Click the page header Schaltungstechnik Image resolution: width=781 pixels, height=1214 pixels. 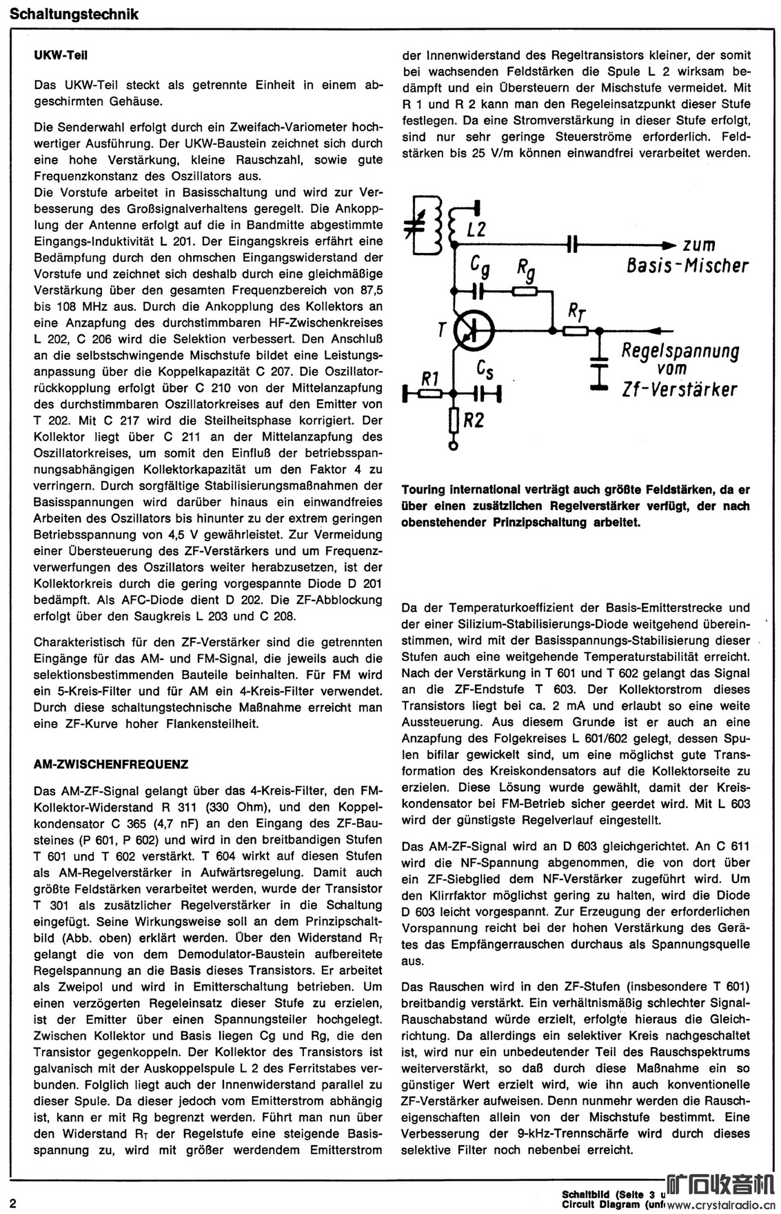tap(74, 14)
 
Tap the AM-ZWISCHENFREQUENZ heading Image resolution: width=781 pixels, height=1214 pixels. tap(111, 765)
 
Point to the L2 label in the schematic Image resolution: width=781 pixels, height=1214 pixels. tap(476, 229)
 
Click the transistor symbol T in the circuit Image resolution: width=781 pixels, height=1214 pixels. tap(474, 331)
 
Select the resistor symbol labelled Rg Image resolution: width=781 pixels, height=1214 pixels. tap(526, 292)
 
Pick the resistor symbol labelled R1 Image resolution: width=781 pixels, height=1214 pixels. tap(430, 394)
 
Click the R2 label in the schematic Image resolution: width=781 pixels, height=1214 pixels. tap(473, 419)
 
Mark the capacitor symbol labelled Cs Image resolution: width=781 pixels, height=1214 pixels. tap(487, 394)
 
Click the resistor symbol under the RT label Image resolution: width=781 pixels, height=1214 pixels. tap(575, 331)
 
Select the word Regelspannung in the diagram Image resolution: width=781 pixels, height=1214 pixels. tap(680, 351)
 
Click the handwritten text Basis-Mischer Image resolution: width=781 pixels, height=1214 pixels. tap(687, 265)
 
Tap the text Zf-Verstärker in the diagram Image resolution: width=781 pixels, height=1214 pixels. tap(679, 390)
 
